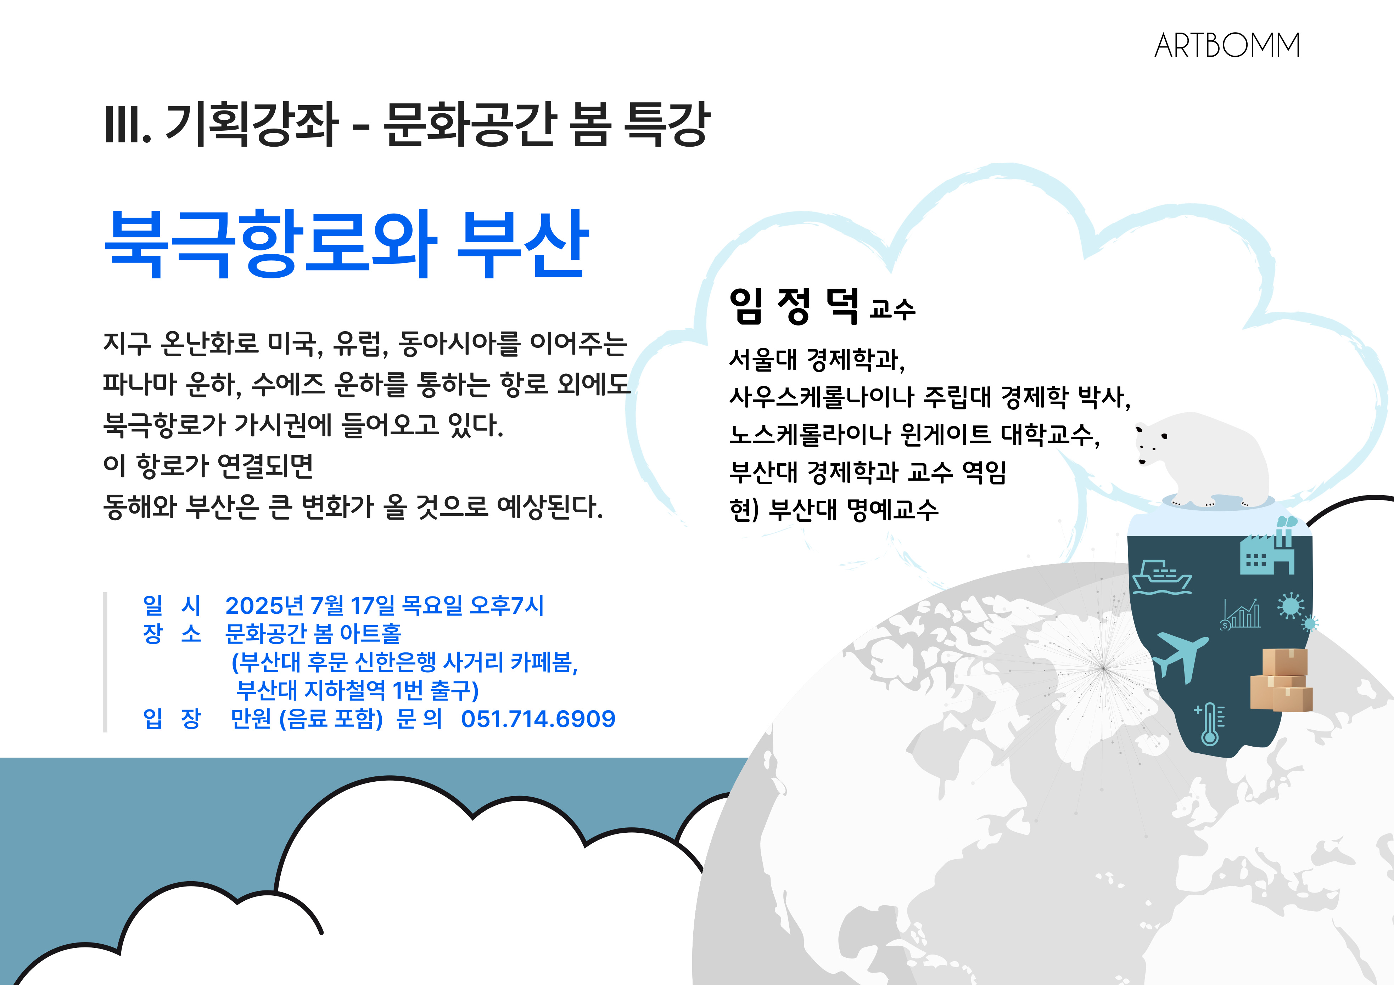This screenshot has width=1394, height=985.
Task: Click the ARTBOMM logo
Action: point(1226,46)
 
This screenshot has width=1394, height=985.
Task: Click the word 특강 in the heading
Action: point(668,124)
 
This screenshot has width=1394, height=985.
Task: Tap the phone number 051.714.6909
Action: point(538,719)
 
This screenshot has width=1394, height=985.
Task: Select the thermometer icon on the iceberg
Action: point(1209,723)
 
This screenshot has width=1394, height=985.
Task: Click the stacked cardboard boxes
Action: point(1281,680)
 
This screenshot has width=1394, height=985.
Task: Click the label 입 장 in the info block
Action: point(172,719)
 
